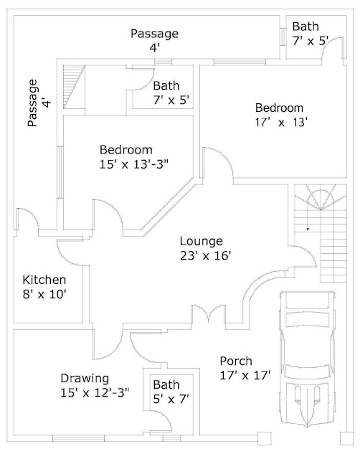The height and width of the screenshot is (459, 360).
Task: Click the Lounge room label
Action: [201, 241]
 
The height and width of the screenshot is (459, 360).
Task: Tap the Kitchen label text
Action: [44, 280]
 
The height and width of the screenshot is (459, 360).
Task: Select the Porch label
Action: [236, 361]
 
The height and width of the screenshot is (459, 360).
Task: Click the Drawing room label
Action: [85, 378]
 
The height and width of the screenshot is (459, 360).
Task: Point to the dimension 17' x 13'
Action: [282, 122]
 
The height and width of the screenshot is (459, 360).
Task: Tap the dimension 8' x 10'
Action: [44, 293]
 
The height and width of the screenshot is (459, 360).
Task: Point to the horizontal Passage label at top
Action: [154, 34]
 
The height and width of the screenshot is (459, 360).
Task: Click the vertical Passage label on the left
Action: [32, 103]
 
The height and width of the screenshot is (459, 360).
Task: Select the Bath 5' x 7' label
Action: [166, 385]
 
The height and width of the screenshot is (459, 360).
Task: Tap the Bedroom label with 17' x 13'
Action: [280, 108]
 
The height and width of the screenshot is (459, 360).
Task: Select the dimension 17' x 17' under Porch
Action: [245, 374]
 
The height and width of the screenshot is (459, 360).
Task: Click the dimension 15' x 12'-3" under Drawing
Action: [95, 392]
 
